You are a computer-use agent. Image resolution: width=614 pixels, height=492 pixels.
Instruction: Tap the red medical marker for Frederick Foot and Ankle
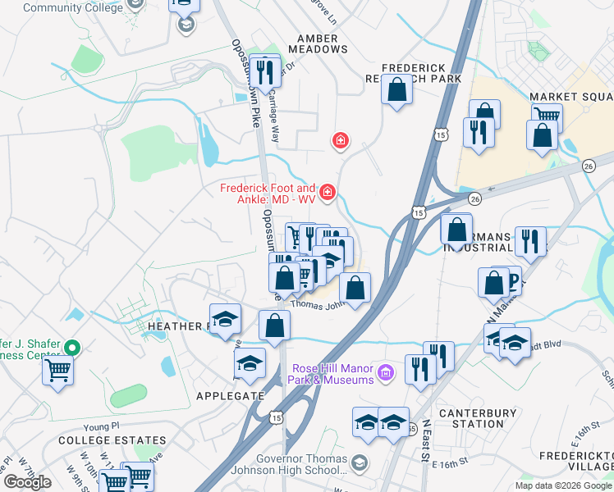click(328, 192)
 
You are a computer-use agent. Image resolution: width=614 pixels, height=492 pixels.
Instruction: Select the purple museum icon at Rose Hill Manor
click(387, 374)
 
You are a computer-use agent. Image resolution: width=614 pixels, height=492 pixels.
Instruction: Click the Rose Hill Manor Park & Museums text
click(332, 374)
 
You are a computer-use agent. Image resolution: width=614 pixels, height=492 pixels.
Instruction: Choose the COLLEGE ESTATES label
click(95, 440)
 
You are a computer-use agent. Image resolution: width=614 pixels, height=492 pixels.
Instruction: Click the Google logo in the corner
click(27, 481)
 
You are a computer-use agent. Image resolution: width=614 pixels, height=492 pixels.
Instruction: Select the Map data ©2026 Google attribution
click(563, 485)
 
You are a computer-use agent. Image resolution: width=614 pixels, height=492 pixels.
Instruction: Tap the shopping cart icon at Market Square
click(546, 116)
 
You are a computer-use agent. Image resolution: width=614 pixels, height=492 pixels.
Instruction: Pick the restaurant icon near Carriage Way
click(264, 71)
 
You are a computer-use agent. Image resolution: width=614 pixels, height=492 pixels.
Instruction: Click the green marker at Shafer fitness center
click(72, 348)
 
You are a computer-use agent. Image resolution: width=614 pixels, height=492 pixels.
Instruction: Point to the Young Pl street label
click(102, 426)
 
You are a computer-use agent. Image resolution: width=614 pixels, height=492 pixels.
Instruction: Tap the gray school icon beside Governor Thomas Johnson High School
click(358, 464)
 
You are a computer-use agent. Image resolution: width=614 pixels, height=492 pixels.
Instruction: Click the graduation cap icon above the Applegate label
click(250, 362)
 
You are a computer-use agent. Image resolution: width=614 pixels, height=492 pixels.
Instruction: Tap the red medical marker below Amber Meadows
click(339, 141)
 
